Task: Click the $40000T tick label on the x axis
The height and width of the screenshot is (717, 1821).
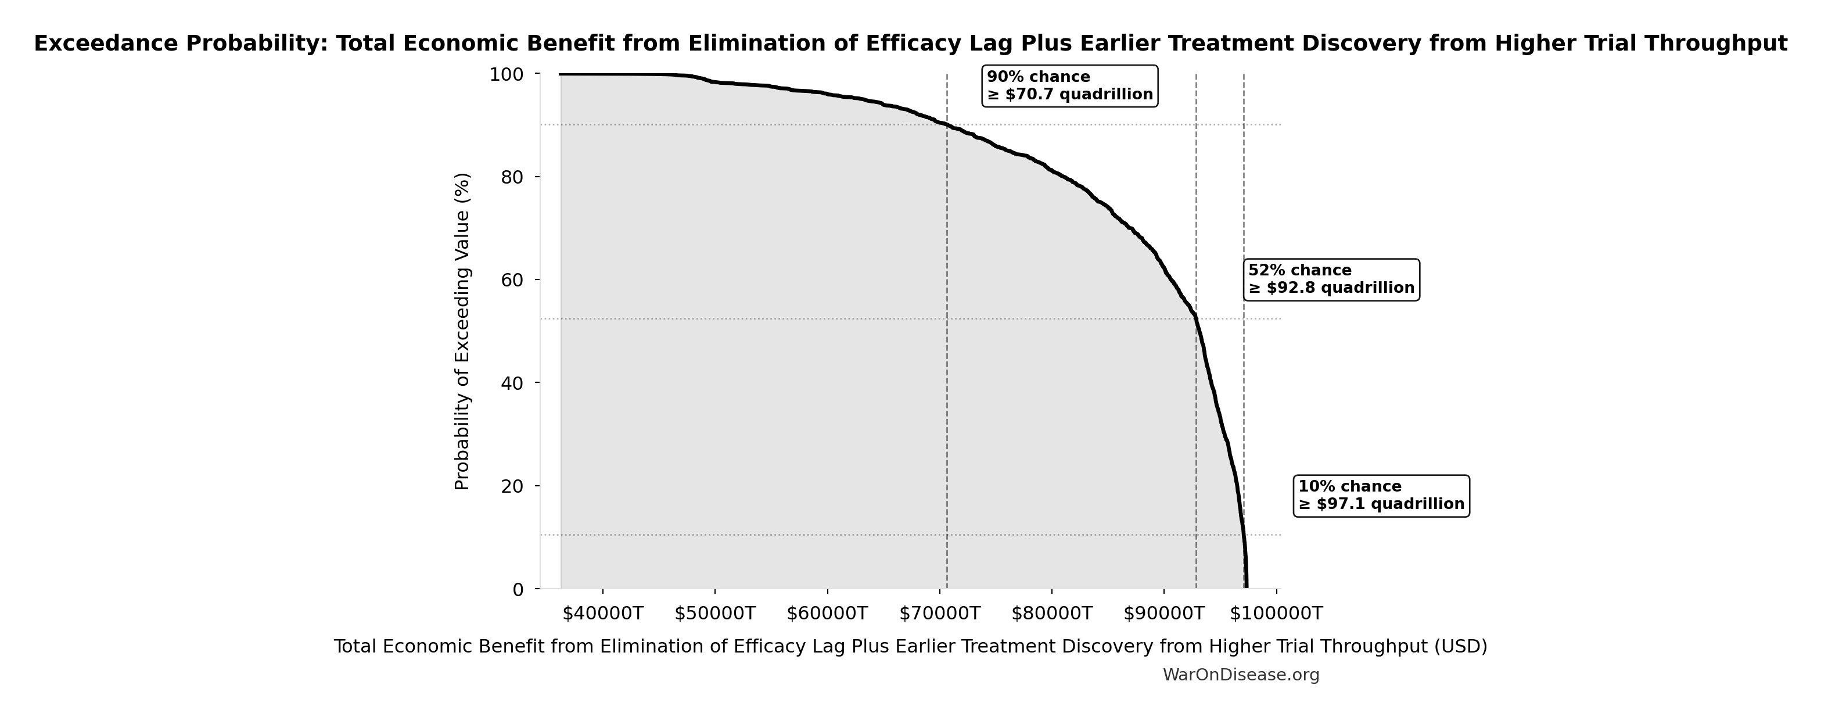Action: [602, 613]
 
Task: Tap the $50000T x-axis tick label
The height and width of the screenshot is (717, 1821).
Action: [714, 613]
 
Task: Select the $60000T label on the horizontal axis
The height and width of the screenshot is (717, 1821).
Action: [827, 613]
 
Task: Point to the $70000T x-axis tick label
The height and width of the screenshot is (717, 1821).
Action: [939, 613]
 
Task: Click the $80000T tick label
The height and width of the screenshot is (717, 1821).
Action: [1052, 613]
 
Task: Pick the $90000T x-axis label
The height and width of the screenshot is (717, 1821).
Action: [1164, 613]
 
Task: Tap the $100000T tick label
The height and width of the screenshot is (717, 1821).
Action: [1276, 613]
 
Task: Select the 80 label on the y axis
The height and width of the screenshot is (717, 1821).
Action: [512, 177]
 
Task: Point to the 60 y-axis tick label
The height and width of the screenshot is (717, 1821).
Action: [512, 280]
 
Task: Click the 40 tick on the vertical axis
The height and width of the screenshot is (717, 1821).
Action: [512, 383]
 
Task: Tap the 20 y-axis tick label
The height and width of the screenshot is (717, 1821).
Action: [512, 486]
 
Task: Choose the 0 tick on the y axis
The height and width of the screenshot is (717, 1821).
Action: [518, 589]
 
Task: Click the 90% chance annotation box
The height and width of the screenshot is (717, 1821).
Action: [1069, 85]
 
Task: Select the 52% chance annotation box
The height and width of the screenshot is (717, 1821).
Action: [1331, 279]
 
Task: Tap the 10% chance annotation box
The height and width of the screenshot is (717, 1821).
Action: [1381, 496]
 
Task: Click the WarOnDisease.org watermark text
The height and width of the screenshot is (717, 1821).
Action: [1241, 675]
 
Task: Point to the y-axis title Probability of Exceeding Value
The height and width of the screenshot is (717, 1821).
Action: [462, 331]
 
